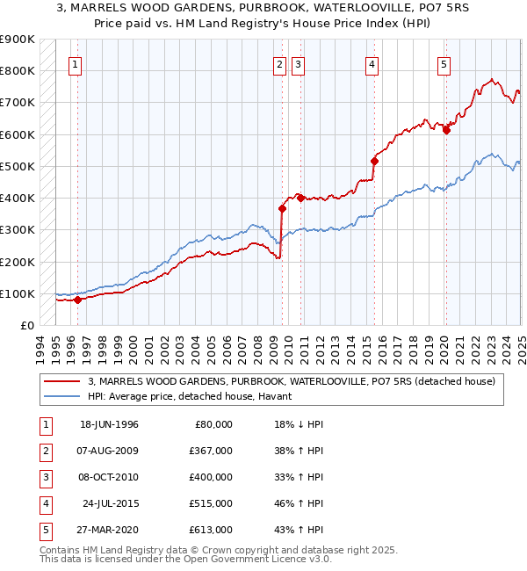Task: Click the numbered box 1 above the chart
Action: click(75, 64)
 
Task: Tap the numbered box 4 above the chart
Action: click(372, 64)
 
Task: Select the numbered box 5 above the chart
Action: click(444, 64)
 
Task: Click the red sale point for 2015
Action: click(374, 161)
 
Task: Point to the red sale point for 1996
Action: click(77, 300)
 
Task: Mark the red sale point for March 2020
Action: click(446, 130)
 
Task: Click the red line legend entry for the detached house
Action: click(292, 381)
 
